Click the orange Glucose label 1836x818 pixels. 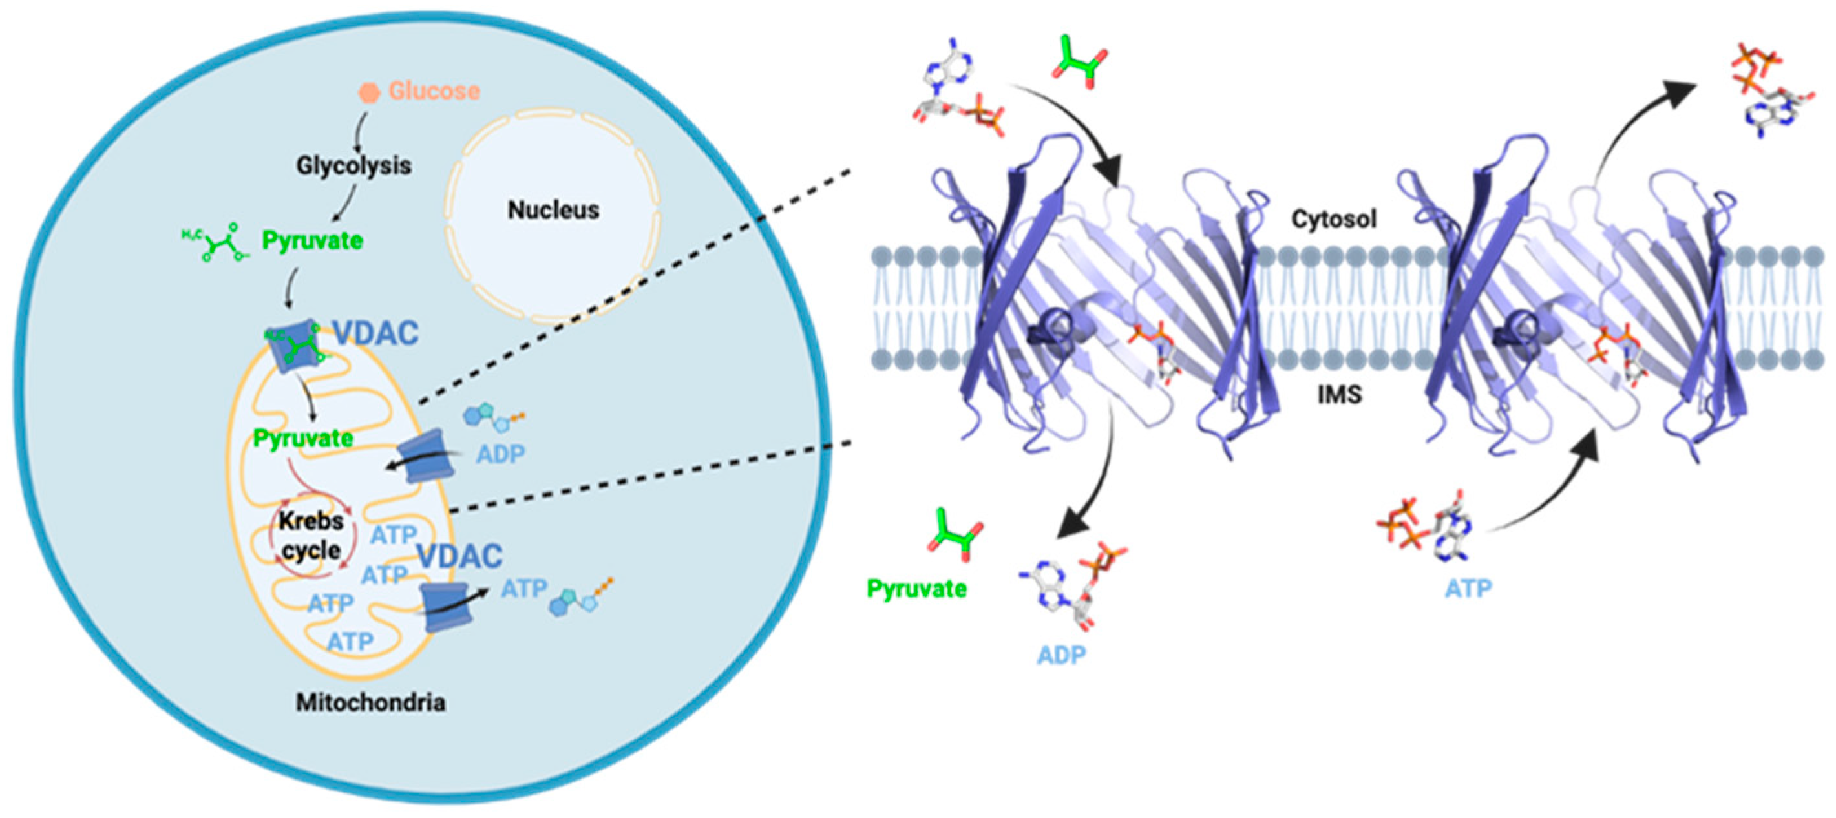tap(434, 91)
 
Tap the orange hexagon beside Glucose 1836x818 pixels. tap(368, 92)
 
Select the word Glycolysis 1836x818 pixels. tap(353, 166)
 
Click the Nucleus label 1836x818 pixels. tap(553, 209)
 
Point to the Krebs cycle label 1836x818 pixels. tap(311, 535)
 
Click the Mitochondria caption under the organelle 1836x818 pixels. tap(370, 703)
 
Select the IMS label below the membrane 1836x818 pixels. tap(1339, 394)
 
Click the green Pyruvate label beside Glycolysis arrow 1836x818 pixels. tap(312, 241)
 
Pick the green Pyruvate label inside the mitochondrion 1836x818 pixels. tap(303, 438)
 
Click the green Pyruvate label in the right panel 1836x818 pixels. tap(916, 589)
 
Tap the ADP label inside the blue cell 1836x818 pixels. tap(500, 454)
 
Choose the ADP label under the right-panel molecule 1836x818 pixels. tap(1061, 655)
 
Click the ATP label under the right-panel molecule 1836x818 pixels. tap(1468, 589)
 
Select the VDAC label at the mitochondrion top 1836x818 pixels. tap(375, 333)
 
